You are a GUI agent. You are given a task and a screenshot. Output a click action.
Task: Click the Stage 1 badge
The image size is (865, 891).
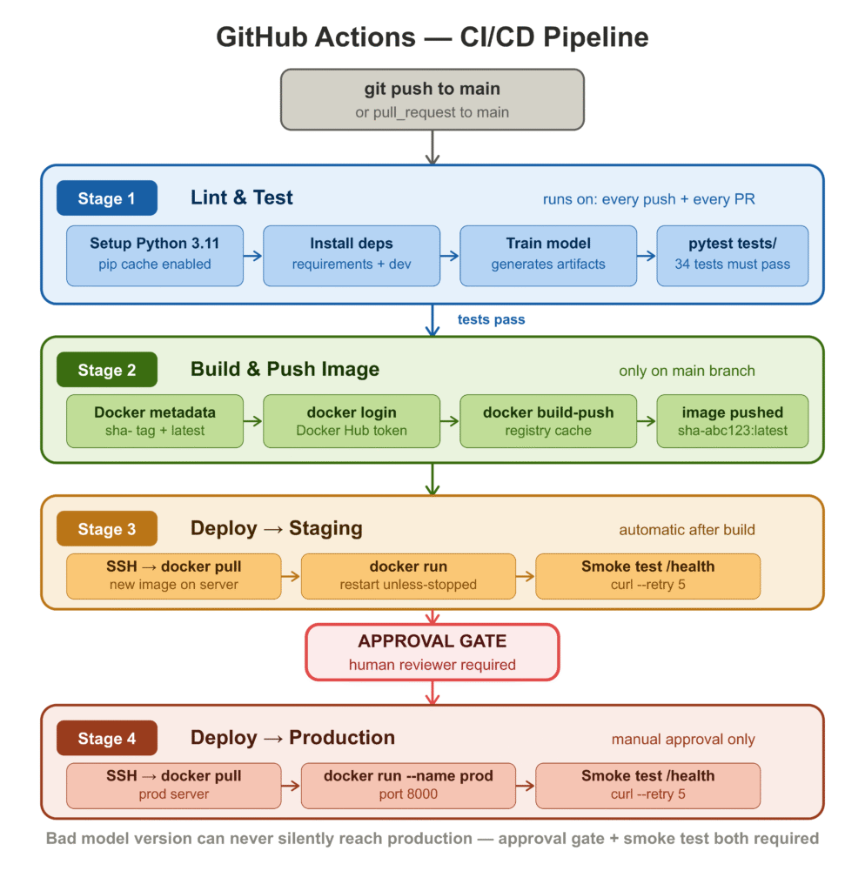point(106,198)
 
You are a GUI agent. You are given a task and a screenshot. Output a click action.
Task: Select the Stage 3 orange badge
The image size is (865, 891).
point(106,529)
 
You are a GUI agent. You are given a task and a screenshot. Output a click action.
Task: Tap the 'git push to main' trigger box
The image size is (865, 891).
point(432,99)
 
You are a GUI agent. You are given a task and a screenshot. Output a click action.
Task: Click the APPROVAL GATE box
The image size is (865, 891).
point(432,652)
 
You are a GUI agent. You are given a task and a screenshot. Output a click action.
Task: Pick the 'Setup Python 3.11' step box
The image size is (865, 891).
point(155,256)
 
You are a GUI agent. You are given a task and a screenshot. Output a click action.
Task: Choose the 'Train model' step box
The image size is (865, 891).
point(548,256)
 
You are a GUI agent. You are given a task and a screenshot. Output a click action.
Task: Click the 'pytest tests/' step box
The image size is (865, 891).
point(733,256)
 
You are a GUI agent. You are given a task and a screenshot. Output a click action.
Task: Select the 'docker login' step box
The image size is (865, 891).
point(352,421)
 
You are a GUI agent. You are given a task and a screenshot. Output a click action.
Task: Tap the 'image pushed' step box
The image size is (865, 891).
point(733,421)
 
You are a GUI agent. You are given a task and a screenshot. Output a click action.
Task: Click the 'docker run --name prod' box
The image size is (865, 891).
point(408,785)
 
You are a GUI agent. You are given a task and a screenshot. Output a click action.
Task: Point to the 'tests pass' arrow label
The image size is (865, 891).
point(492,319)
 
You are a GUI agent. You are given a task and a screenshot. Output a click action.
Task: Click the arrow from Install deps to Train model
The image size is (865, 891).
point(450,256)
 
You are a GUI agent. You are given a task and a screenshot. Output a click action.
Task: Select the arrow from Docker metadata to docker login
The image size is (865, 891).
point(253,421)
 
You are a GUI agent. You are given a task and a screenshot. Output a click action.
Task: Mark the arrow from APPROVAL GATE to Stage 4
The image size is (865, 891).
point(432,692)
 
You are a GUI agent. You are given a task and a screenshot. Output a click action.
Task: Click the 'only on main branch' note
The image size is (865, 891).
point(687,371)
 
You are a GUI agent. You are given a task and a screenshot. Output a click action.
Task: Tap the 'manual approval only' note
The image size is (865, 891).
point(683,740)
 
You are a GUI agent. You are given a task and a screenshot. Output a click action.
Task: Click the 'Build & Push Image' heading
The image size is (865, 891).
point(285,369)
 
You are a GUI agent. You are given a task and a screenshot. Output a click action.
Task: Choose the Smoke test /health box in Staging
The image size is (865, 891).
point(647,576)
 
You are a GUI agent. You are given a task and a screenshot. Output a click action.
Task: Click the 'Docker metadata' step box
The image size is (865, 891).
point(155,421)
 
